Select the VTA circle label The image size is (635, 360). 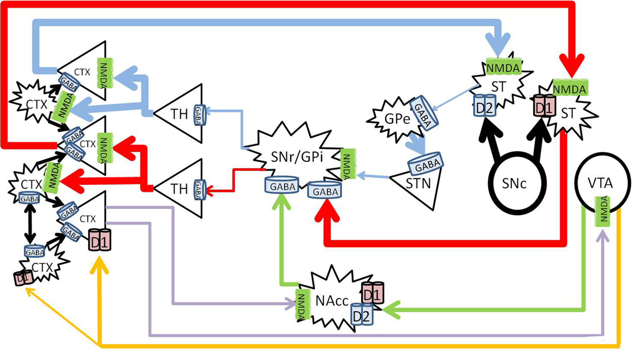(x=600, y=183)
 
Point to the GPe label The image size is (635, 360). (x=397, y=119)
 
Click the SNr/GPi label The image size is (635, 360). (x=297, y=157)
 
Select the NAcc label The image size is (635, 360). (x=331, y=301)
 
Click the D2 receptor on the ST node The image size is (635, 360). (x=484, y=105)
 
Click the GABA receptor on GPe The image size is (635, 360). (x=423, y=112)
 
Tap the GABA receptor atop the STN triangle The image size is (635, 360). (x=426, y=164)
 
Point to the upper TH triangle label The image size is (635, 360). (x=179, y=114)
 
